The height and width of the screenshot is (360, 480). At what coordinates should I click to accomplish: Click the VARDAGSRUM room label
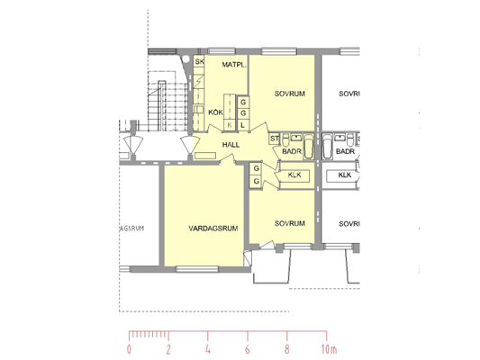tap(213, 229)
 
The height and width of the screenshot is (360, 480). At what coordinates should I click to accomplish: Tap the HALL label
tap(231, 145)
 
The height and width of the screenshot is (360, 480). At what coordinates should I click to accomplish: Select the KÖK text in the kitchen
tap(215, 112)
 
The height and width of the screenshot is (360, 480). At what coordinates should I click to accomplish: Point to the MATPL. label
tap(234, 65)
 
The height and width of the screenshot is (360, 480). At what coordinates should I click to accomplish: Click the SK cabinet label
tap(199, 61)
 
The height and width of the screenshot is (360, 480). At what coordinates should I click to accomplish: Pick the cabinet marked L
tap(243, 125)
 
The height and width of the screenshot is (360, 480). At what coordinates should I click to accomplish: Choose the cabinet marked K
tap(230, 125)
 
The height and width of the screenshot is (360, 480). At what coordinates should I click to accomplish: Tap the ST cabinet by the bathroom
tap(275, 139)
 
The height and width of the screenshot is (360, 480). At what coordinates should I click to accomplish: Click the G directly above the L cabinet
tap(243, 113)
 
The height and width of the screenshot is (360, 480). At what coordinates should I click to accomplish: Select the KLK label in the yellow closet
tap(294, 175)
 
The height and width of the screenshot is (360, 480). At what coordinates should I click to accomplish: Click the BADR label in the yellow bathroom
tap(292, 151)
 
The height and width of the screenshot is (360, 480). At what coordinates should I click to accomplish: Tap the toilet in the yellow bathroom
tap(285, 140)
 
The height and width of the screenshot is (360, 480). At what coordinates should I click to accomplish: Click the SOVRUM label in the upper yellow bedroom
tap(290, 94)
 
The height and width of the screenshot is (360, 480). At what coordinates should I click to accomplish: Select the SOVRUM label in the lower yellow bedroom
tap(290, 223)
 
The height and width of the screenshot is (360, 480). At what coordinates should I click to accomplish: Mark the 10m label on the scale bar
tap(329, 349)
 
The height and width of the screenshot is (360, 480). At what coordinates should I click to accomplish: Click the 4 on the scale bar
tap(208, 349)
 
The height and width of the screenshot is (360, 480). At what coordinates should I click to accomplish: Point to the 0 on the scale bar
tap(129, 349)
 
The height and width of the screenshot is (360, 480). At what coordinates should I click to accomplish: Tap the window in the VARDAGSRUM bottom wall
tap(197, 269)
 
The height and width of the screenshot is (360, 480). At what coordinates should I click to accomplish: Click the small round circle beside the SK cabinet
tap(186, 59)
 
